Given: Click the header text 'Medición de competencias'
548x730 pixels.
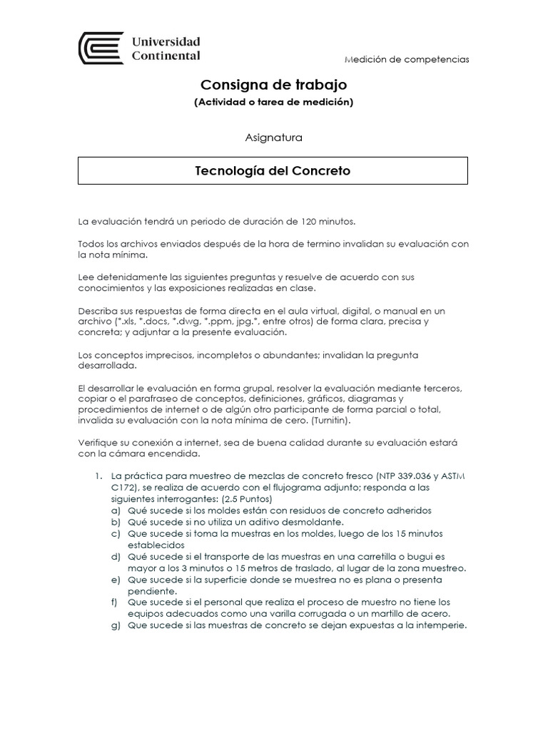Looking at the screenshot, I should pyautogui.click(x=407, y=59).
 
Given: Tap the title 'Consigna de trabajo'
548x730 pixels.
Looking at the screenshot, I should pyautogui.click(x=273, y=85).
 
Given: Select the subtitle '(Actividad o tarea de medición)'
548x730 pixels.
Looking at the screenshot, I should pyautogui.click(x=273, y=102).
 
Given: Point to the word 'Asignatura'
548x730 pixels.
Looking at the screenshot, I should pyautogui.click(x=273, y=137).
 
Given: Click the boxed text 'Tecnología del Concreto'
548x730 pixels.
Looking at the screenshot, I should pyautogui.click(x=273, y=171).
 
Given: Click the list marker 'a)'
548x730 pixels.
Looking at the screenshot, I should pyautogui.click(x=115, y=510).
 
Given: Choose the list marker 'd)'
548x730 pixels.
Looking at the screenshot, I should pyautogui.click(x=115, y=557).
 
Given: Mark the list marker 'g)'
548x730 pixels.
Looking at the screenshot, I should pyautogui.click(x=115, y=626).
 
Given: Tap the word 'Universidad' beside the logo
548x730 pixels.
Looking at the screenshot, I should pyautogui.click(x=166, y=41).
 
